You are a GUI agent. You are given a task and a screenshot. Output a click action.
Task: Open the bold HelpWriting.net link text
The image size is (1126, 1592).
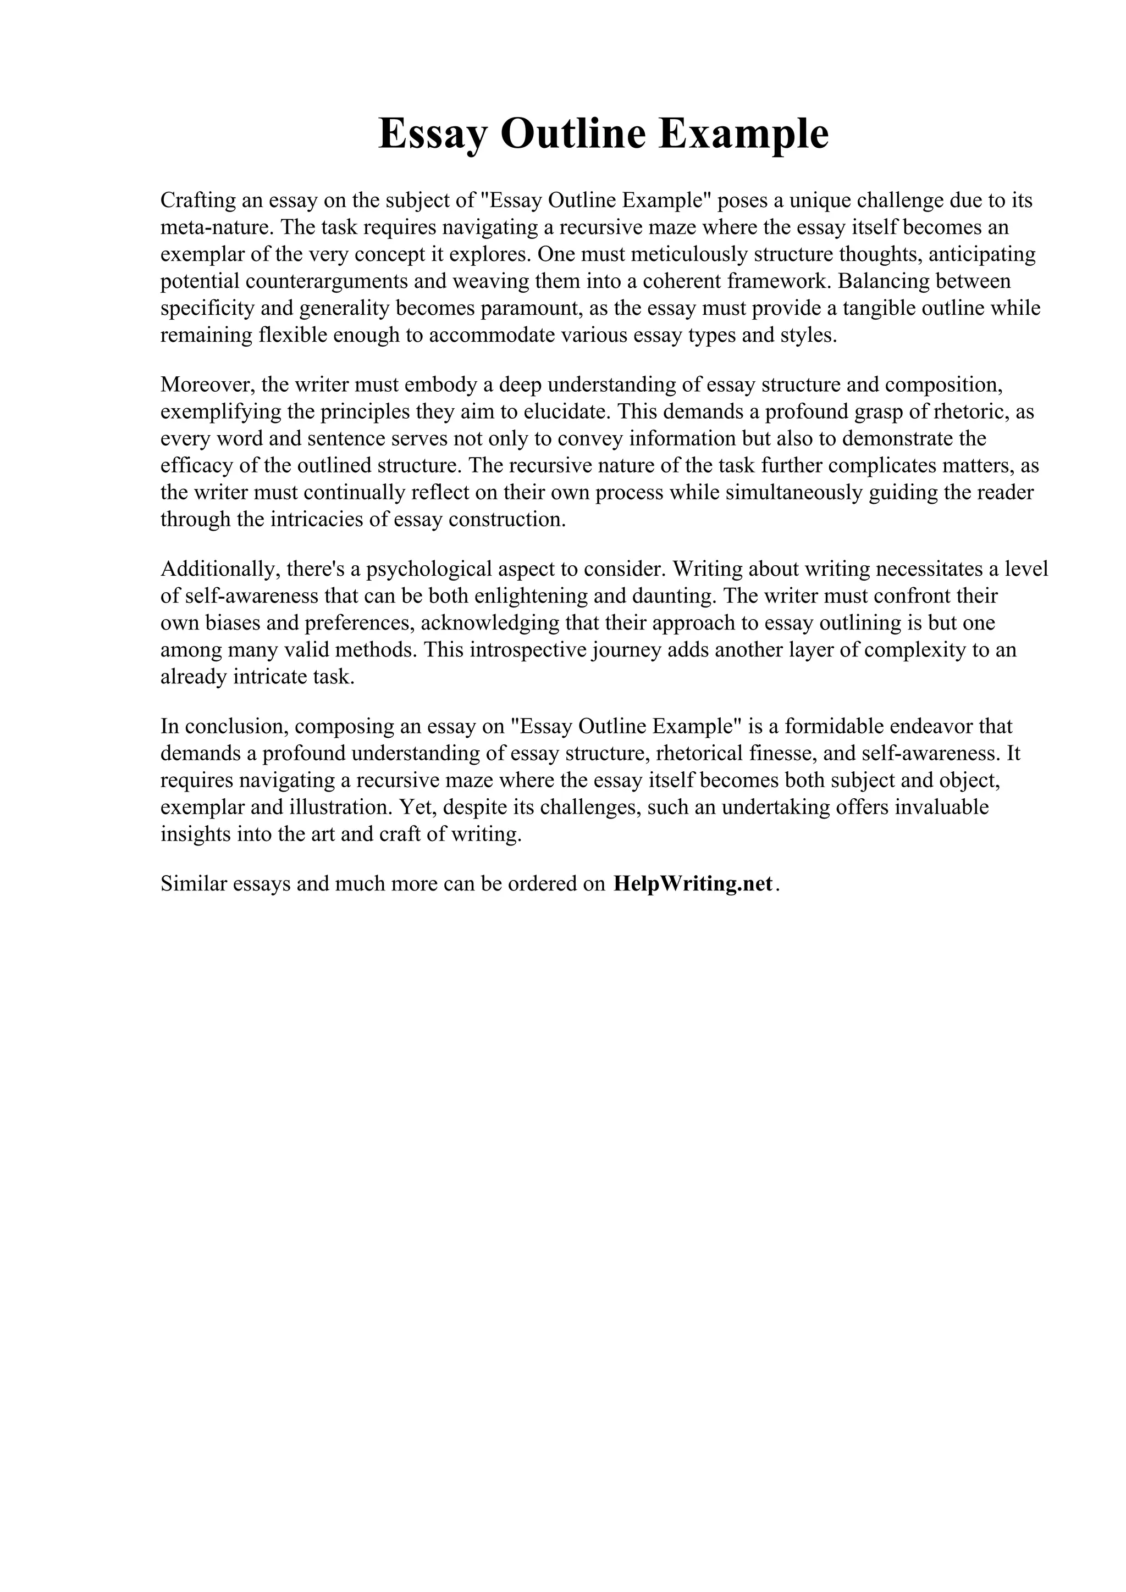[692, 885]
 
